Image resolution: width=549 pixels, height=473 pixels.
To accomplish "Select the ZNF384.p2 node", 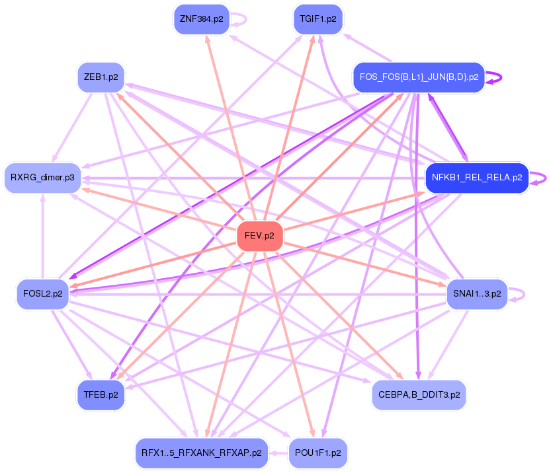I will (201, 19).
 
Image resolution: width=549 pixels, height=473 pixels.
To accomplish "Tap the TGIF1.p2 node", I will (317, 19).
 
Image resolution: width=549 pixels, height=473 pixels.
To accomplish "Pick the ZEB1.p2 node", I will (101, 77).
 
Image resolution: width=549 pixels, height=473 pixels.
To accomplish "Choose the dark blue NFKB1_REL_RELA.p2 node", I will (476, 178).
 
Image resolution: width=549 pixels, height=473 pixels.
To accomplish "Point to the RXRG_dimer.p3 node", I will (42, 177).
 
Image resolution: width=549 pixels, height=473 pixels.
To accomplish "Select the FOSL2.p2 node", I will (42, 294).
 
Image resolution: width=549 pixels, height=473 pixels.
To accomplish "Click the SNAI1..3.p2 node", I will (476, 293).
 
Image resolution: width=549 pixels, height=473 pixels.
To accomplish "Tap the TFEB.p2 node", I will (101, 394).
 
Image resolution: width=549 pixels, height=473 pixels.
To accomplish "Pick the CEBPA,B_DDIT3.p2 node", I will (418, 394).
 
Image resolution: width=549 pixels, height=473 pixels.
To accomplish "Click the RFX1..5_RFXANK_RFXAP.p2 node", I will (201, 453).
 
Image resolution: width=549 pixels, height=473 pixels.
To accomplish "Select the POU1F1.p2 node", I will (318, 453).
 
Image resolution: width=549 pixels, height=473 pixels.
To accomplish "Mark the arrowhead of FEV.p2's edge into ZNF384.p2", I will (207, 38).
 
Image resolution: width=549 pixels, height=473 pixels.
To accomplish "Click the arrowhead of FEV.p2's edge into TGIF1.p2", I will (313, 38).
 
